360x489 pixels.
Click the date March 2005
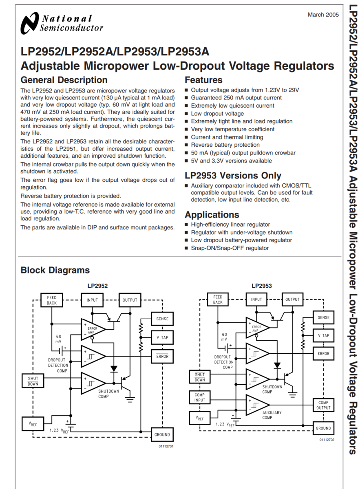coord(323,15)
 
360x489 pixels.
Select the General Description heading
coord(64,80)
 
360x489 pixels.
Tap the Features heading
coord(203,80)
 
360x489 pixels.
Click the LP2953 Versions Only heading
coord(233,176)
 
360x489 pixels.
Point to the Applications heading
coord(212,215)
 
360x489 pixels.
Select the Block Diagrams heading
coord(55,270)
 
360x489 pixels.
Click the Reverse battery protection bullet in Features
coord(225,145)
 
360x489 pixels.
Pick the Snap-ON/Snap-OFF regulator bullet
coord(230,248)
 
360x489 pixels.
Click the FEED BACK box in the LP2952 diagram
coord(52,300)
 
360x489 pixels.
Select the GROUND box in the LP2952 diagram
coord(162,434)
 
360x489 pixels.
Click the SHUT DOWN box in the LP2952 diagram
coord(33,381)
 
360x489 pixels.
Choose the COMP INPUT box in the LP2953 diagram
coord(200,397)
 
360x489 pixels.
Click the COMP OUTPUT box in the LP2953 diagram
coord(323,405)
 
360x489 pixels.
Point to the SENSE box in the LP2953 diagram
coord(323,317)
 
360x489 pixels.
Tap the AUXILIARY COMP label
coord(272,415)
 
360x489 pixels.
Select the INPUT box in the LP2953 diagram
coord(256,300)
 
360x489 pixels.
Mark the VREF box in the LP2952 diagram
coord(33,424)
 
